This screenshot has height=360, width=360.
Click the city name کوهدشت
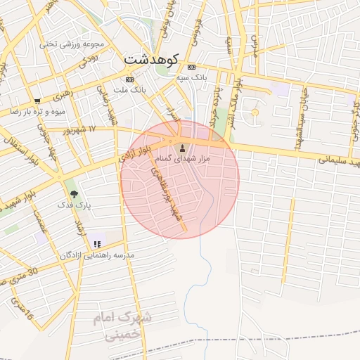151,59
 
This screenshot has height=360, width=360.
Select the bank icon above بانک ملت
129,79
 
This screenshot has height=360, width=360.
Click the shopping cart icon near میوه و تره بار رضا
37,101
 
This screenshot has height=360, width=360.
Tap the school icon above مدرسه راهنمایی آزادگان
97,243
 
